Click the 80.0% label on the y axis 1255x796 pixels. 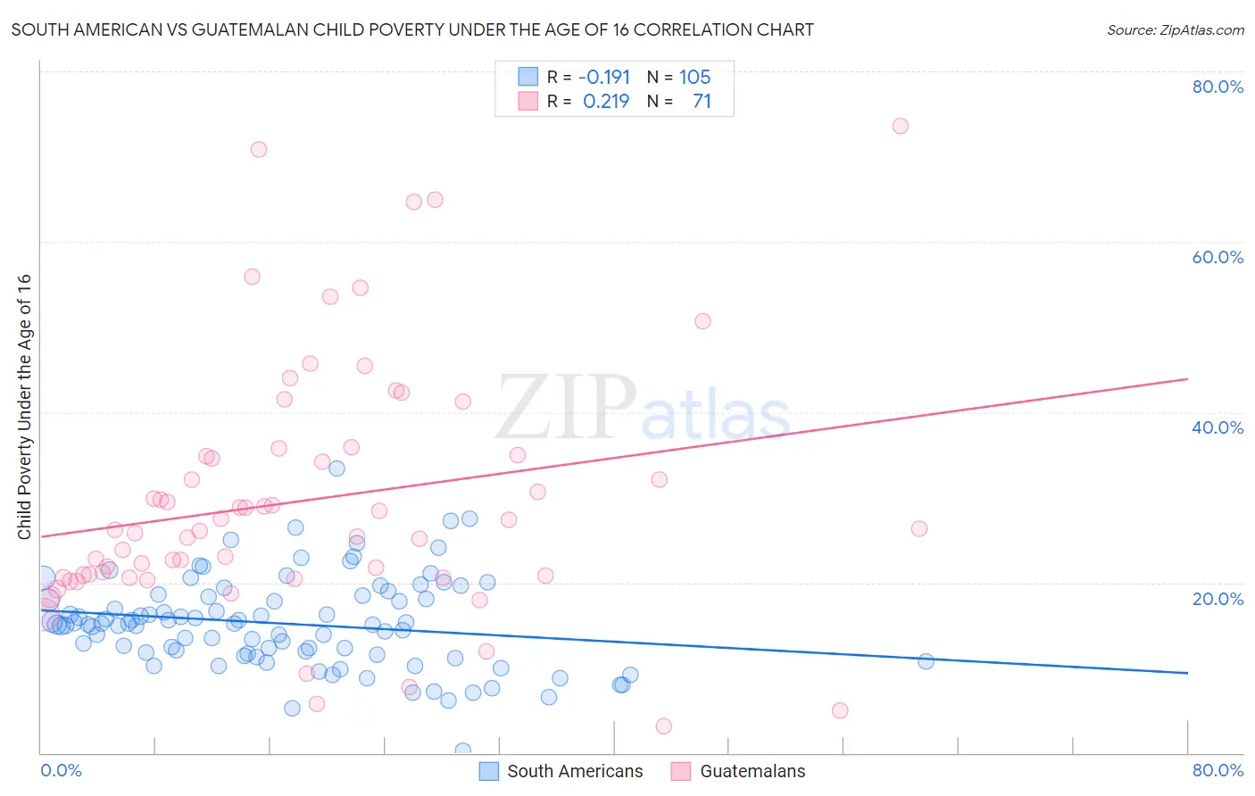tap(1218, 87)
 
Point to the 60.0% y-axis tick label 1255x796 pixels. tap(1218, 257)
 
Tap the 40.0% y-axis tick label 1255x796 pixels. tap(1218, 427)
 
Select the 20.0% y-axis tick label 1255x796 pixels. tap(1218, 599)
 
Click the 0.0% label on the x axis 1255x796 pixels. tap(61, 770)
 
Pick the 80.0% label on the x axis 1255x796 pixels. tap(1218, 770)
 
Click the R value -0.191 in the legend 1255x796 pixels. tap(604, 78)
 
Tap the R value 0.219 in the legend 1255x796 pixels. tap(606, 102)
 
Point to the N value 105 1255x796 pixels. tap(694, 78)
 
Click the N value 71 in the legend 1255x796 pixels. tap(702, 102)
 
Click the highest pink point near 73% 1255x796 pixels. tap(900, 126)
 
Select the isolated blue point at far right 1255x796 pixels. tap(926, 661)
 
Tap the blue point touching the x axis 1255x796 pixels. tap(462, 750)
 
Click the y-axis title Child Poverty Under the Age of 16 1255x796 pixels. tap(24, 407)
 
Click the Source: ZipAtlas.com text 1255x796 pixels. tap(1175, 30)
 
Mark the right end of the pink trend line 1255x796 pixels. tap(1187, 379)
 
